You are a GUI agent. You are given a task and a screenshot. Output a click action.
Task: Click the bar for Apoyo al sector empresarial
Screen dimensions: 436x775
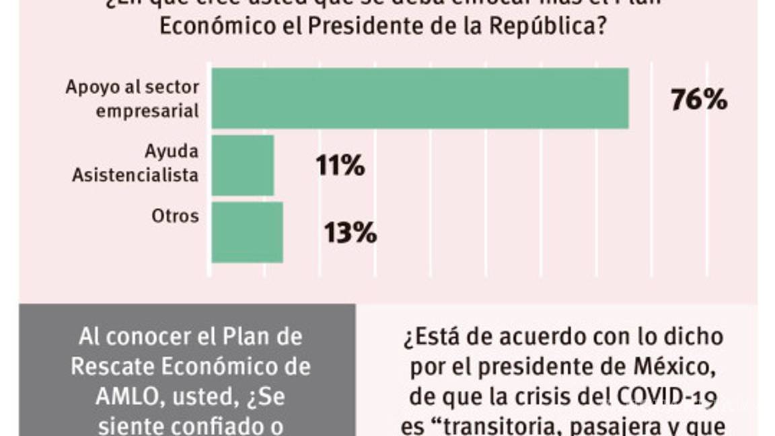pyautogui.click(x=420, y=98)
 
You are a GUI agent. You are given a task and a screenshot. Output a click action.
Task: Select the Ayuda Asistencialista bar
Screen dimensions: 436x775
pyautogui.click(x=243, y=166)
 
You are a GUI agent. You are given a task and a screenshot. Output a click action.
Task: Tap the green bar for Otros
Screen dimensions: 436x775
pyautogui.click(x=247, y=233)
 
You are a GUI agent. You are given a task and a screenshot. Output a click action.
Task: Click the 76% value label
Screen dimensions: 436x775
pyautogui.click(x=698, y=100)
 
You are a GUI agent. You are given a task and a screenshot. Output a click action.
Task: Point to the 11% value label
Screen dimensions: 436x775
pyautogui.click(x=340, y=166)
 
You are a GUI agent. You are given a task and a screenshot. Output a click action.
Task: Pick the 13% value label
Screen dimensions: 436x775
pyautogui.click(x=350, y=233)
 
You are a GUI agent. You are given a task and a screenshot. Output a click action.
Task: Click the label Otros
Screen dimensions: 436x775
pyautogui.click(x=175, y=216)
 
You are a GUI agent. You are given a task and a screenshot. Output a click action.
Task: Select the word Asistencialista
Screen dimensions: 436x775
pyautogui.click(x=145, y=175)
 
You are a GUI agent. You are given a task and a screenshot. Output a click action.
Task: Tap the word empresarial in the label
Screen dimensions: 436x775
pyautogui.click(x=147, y=110)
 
